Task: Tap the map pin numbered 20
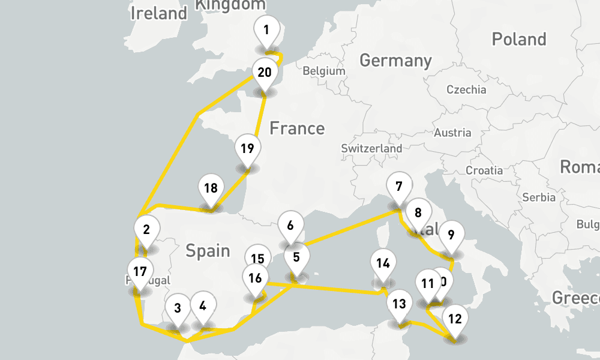click(264, 73)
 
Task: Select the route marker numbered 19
click(247, 148)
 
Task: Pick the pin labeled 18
click(211, 188)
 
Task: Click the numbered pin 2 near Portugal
click(146, 229)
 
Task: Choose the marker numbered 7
click(399, 185)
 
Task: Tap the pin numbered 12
click(455, 319)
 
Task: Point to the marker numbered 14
click(383, 263)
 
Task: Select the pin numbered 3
click(178, 308)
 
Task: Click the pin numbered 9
click(451, 235)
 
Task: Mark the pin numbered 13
click(399, 304)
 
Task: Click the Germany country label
click(395, 60)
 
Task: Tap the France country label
click(297, 128)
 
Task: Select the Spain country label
click(208, 250)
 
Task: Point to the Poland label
click(519, 39)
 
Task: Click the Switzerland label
click(371, 148)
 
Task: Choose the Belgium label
click(324, 71)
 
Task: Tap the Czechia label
click(466, 89)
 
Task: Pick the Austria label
click(452, 133)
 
